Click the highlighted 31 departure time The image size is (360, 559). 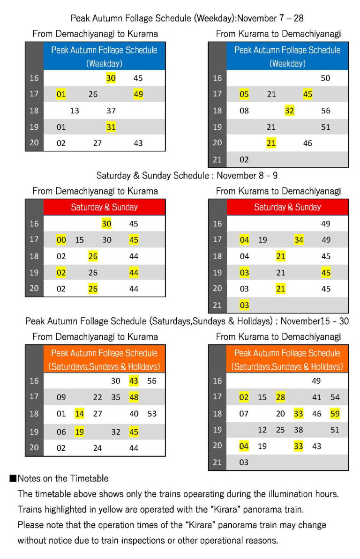pos(111,127)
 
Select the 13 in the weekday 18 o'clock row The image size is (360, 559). pos(75,111)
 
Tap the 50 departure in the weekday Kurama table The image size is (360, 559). pos(325,78)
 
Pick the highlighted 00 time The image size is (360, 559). pos(61,240)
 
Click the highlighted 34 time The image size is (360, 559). pos(299,240)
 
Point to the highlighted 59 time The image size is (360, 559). pos(335,414)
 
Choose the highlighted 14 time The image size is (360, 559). pos(79,414)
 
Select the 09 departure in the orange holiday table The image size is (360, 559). pos(61,397)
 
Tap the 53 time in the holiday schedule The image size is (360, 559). pos(152,414)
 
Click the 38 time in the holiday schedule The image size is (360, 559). pos(298,430)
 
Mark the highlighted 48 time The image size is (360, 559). pos(134,397)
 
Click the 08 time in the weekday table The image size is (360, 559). pos(244,111)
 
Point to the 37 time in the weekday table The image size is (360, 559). pos(111,111)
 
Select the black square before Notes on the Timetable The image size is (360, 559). pos(13,478)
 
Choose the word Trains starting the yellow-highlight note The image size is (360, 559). pos(29,509)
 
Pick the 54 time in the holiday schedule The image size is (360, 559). pos(335,397)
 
